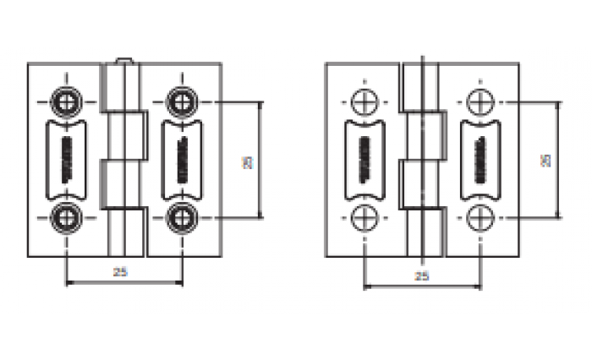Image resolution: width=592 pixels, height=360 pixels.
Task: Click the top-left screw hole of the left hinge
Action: click(x=65, y=101)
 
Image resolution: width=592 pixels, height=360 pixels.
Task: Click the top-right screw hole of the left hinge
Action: click(x=181, y=101)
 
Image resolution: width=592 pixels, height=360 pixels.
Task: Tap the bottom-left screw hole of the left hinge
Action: click(x=65, y=217)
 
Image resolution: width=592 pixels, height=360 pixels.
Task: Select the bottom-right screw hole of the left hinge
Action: click(x=181, y=217)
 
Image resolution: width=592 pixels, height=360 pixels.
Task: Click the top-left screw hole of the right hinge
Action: click(x=363, y=101)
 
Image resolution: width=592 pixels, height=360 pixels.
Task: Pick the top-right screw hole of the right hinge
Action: click(x=480, y=101)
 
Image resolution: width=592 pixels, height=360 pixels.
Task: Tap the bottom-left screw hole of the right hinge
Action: click(x=363, y=217)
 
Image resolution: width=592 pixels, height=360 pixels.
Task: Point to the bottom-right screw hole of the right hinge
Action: click(x=480, y=217)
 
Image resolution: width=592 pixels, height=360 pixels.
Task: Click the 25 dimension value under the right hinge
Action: click(x=421, y=275)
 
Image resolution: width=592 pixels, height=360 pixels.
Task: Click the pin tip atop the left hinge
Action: click(x=123, y=60)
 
